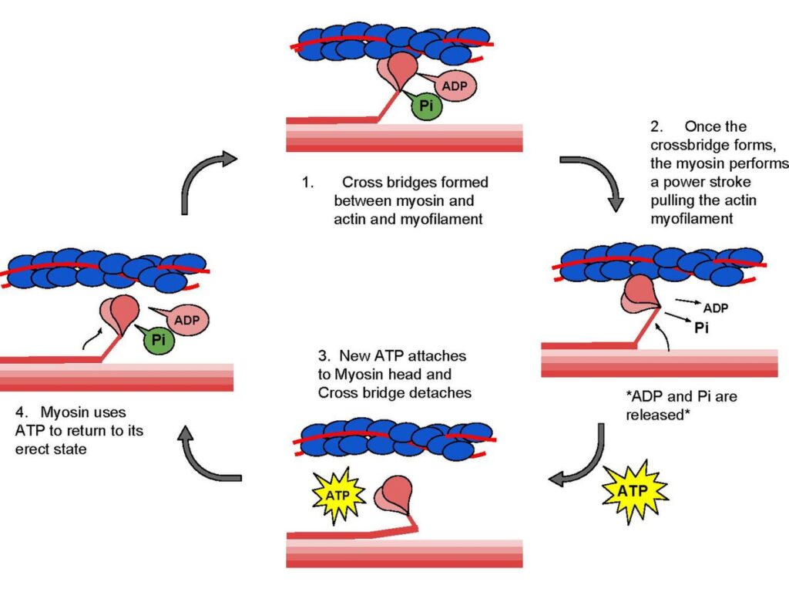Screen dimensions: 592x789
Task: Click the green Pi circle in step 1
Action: point(426,105)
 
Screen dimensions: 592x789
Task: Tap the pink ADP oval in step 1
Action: point(454,86)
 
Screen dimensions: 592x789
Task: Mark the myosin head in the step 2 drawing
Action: point(638,295)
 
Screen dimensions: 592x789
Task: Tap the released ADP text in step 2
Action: point(716,308)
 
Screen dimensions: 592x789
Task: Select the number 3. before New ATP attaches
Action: point(324,358)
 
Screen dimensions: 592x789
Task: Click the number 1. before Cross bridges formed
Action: point(307,183)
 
